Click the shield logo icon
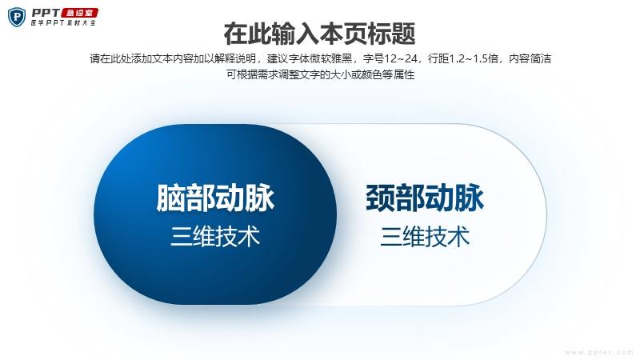17,17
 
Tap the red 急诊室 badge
79,13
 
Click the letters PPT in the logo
46,13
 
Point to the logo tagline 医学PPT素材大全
63,23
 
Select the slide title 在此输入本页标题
319,34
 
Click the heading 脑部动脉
215,198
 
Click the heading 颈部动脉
425,198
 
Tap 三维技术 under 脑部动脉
215,236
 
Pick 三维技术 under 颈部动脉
425,236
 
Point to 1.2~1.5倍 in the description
474,58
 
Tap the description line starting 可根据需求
321,74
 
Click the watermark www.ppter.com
598,352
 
